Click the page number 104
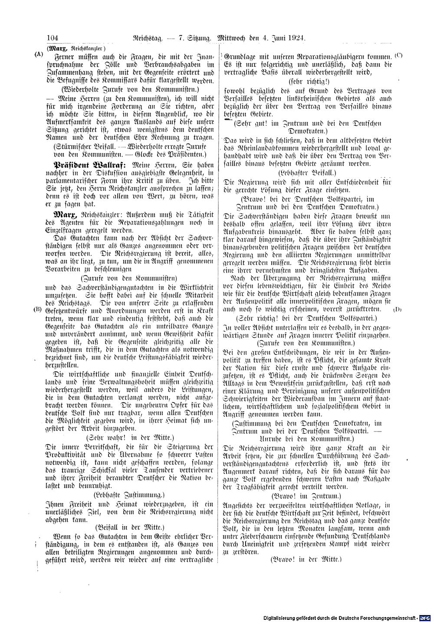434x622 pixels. [x=52, y=38]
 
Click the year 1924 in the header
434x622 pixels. [x=296, y=38]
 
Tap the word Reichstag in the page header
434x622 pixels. [x=147, y=38]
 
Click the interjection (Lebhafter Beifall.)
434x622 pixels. [x=309, y=172]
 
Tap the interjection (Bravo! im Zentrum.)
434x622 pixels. [x=306, y=495]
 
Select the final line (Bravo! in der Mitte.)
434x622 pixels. [x=306, y=560]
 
